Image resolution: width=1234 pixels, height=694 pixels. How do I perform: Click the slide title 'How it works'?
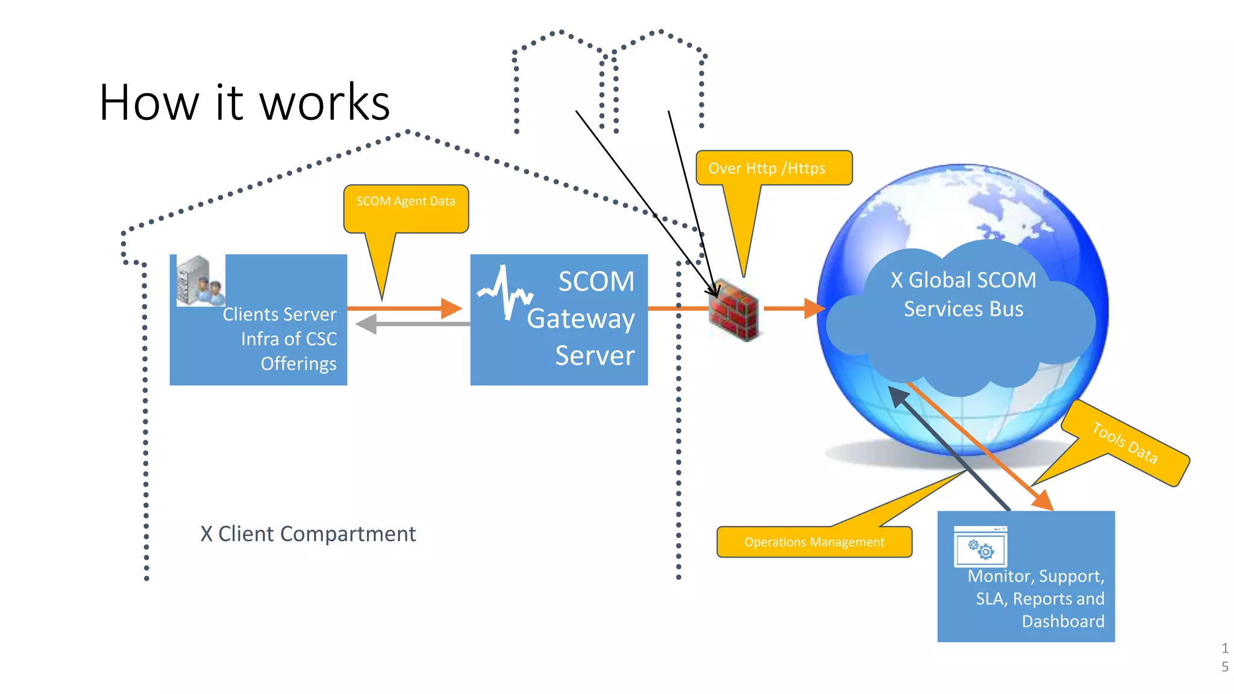pyautogui.click(x=244, y=102)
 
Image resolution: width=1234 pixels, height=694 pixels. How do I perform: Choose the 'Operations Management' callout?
pyautogui.click(x=813, y=542)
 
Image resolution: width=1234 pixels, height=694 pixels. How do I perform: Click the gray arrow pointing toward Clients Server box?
pyautogui.click(x=368, y=324)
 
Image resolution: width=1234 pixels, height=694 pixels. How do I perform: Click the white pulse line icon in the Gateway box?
pyautogui.click(x=505, y=292)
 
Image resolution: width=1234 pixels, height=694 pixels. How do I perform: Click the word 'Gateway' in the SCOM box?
pyautogui.click(x=580, y=319)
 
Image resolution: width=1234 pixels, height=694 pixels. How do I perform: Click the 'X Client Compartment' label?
pyautogui.click(x=308, y=534)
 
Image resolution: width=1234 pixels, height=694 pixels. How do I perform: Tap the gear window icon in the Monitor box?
pyautogui.click(x=980, y=547)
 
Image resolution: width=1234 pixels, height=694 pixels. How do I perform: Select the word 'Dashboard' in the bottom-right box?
pyautogui.click(x=1063, y=621)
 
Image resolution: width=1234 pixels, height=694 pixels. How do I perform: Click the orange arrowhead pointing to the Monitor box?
pyautogui.click(x=1043, y=501)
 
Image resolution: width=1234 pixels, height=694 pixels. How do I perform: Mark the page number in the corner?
pyautogui.click(x=1224, y=657)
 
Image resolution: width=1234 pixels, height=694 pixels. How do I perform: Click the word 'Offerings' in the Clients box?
pyautogui.click(x=298, y=364)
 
